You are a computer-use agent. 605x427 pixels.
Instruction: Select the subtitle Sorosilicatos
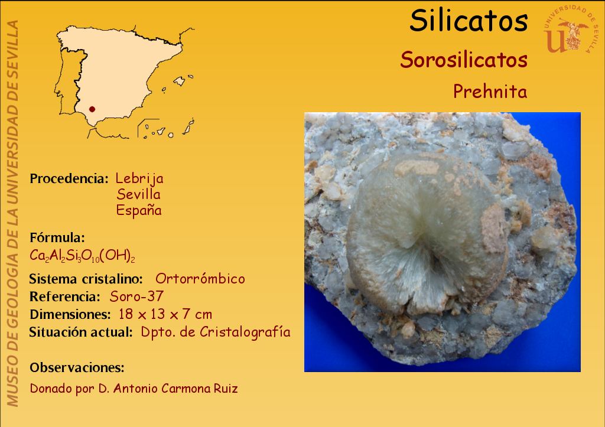click(464, 60)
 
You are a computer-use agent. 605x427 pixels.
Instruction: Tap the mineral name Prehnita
click(490, 92)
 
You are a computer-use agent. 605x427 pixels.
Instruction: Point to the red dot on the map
click(92, 109)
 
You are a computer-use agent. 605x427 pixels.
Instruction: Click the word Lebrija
click(139, 178)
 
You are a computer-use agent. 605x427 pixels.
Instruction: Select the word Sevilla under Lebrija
click(138, 194)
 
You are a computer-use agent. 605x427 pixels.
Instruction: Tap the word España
click(139, 210)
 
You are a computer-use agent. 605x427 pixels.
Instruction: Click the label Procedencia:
click(69, 178)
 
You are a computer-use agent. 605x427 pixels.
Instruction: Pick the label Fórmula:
click(57, 237)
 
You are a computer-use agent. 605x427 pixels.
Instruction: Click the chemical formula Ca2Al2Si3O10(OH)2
click(82, 256)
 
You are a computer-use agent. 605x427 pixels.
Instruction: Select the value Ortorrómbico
click(200, 279)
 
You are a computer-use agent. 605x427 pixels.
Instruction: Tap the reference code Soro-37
click(136, 296)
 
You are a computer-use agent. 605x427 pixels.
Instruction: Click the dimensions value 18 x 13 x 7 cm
click(165, 314)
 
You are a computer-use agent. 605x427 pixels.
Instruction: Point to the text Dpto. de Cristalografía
click(215, 332)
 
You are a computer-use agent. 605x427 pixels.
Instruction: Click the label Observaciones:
click(77, 367)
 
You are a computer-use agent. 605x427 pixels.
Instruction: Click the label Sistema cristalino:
click(86, 279)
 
